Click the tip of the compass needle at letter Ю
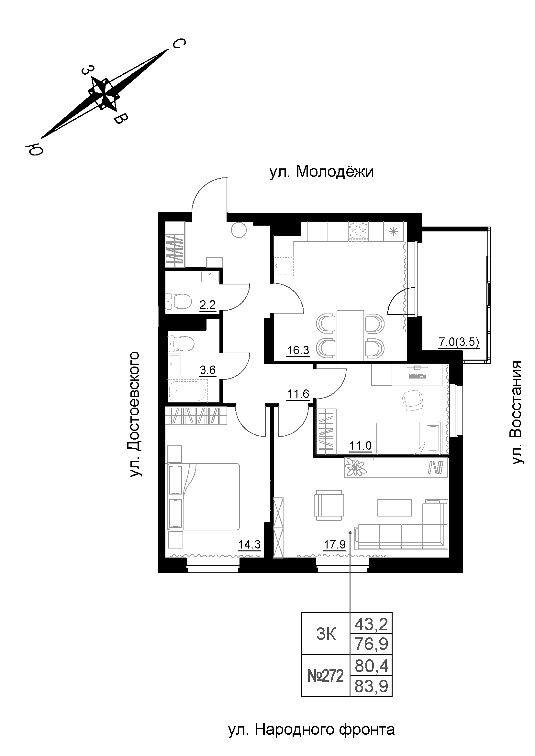click(x=41, y=138)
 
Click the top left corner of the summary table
click(x=302, y=613)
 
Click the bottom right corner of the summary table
click(x=392, y=697)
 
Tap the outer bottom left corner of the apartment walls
click(x=158, y=573)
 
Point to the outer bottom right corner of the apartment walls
click(x=463, y=573)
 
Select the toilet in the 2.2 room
click(x=179, y=301)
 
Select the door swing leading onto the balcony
click(x=397, y=301)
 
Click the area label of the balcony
click(x=459, y=342)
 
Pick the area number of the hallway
click(x=298, y=394)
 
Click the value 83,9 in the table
click(x=371, y=687)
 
